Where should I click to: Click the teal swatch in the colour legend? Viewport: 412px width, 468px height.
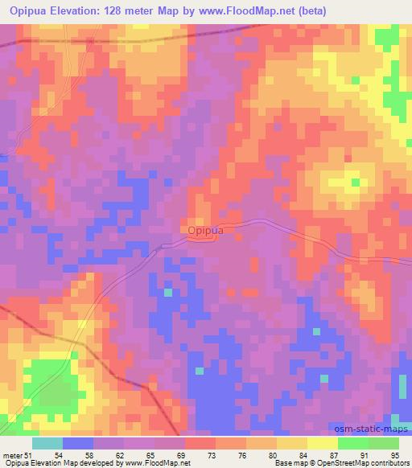47,443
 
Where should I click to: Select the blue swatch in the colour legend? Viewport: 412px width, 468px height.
78,443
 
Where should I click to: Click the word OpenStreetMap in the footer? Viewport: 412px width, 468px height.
332,463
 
